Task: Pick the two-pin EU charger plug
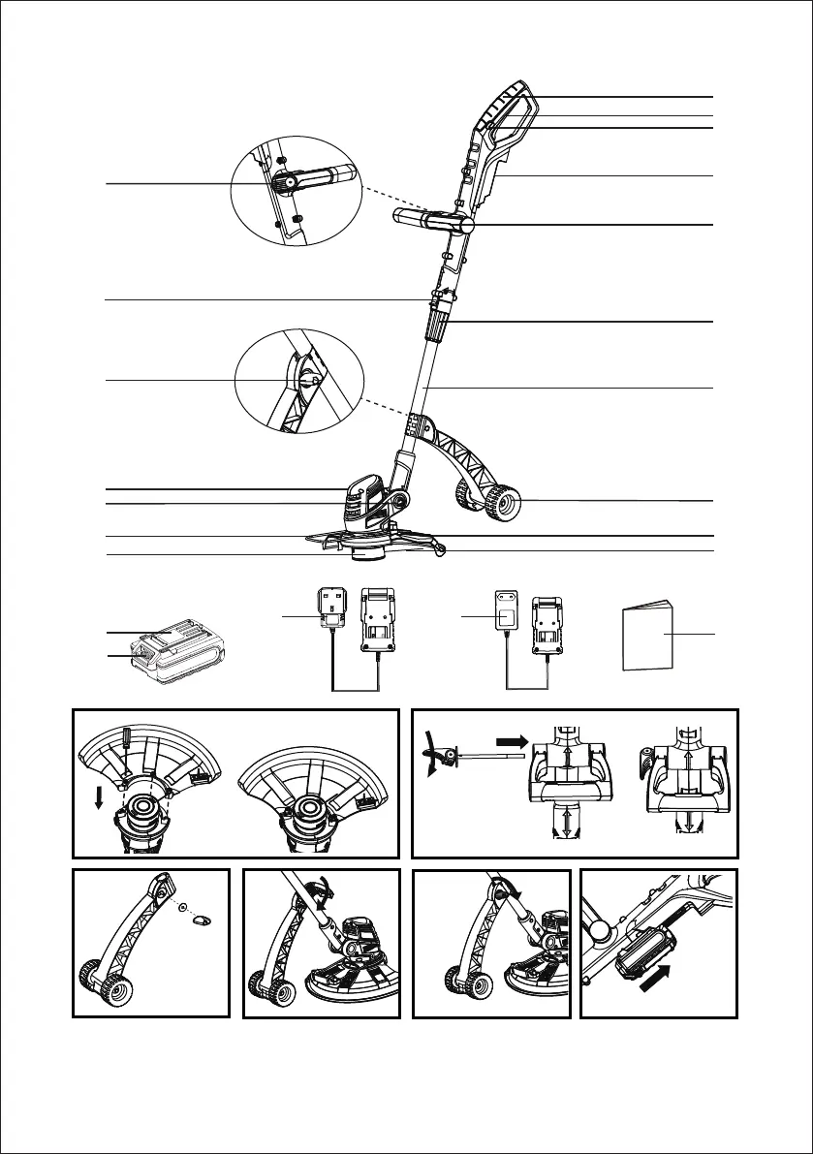[x=505, y=613]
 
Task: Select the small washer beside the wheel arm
[x=183, y=908]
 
